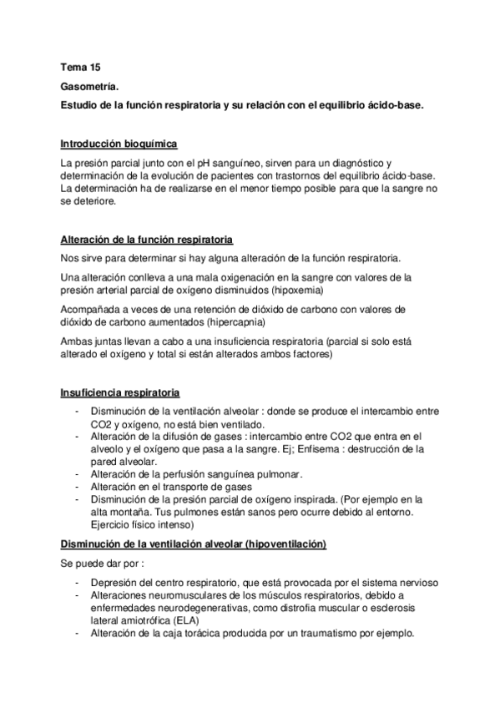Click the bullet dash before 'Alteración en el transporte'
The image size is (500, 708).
pyautogui.click(x=78, y=485)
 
